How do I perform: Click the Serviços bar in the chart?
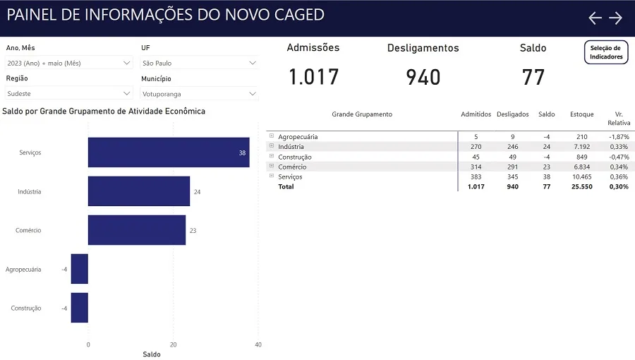point(169,152)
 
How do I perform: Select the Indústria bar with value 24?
point(139,191)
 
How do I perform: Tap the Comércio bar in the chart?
point(137,230)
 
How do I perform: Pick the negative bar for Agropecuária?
point(79,269)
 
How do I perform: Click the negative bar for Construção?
point(79,308)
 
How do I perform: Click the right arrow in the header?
point(615,18)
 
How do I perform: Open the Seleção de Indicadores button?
point(606,52)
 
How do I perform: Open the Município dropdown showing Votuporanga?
point(200,94)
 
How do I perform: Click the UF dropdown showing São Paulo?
point(200,63)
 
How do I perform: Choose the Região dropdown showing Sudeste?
point(69,94)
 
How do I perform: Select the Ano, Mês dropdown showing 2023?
point(69,63)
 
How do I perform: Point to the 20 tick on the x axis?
point(174,345)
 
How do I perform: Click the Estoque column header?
point(582,114)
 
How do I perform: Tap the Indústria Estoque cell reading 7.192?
point(582,147)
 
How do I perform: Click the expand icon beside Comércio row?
point(272,166)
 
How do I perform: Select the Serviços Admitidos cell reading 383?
point(476,177)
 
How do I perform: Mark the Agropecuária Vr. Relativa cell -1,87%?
point(619,137)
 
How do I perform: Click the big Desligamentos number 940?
point(423,78)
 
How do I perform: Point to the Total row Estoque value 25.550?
point(582,186)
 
